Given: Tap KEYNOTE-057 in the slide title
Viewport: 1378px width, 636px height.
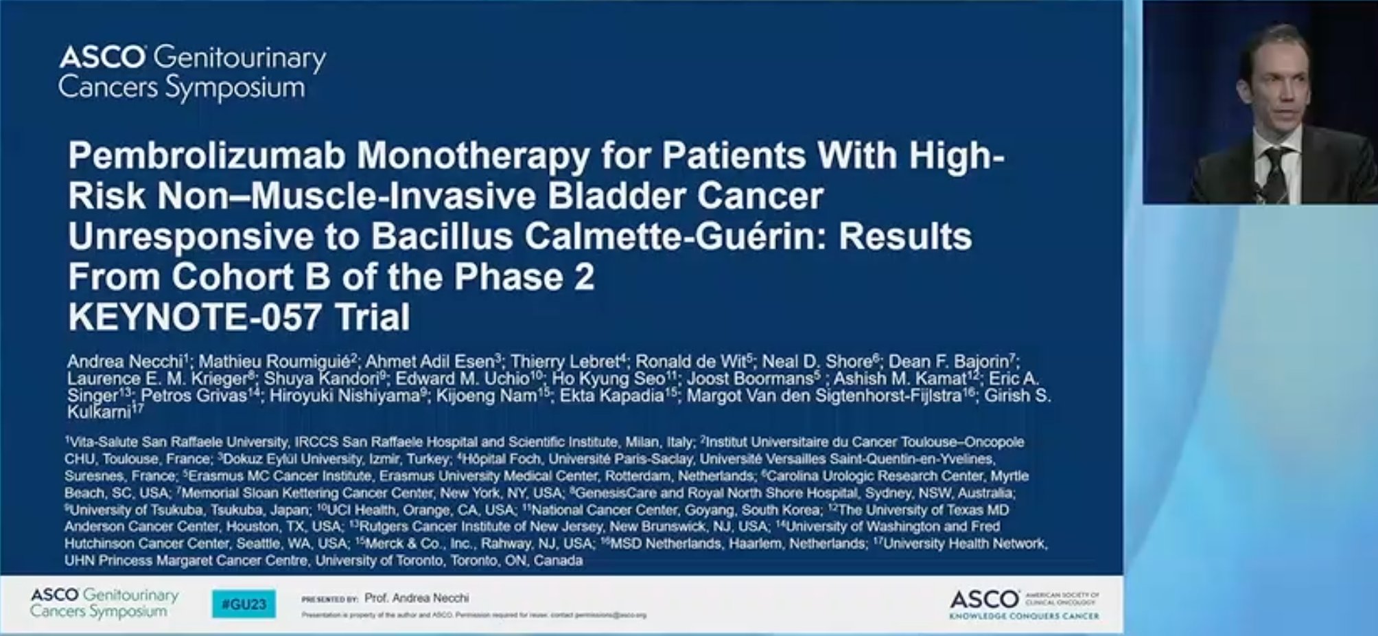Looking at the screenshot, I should pyautogui.click(x=194, y=317).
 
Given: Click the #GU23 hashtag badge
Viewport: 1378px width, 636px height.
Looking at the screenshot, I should pyautogui.click(x=244, y=604).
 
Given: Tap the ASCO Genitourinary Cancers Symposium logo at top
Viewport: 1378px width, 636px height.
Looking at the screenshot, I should pyautogui.click(x=191, y=73).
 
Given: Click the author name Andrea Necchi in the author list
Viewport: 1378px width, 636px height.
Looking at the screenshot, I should pyautogui.click(x=126, y=362).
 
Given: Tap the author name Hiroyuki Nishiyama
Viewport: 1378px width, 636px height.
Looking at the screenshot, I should pyautogui.click(x=344, y=396).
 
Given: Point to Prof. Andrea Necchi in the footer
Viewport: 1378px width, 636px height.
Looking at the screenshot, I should pyautogui.click(x=417, y=598).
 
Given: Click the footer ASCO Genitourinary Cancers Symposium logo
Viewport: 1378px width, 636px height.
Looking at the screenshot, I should pyautogui.click(x=104, y=603).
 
